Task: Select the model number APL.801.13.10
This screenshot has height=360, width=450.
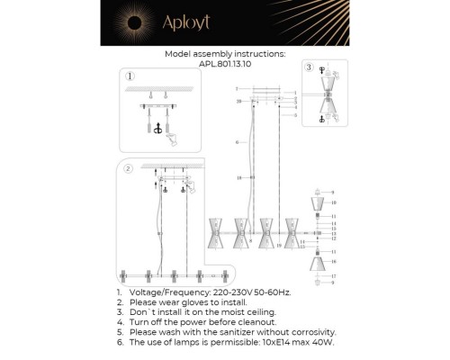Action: pos(225,64)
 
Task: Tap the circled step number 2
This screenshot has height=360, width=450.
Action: pos(128,167)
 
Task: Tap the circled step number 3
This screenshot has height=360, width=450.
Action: pos(309,67)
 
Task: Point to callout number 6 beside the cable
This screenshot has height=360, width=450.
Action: pos(236,143)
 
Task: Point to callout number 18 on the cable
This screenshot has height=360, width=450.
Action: pos(236,179)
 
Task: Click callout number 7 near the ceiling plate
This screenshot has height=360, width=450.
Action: pos(236,90)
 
